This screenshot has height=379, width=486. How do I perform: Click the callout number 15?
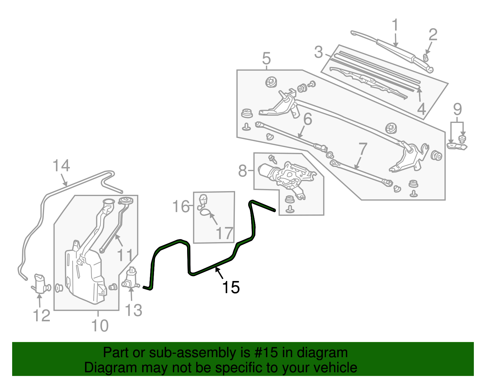pos(231,287)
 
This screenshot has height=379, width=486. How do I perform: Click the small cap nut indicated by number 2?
pos(426,57)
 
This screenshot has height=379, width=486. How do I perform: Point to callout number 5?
pos(266,58)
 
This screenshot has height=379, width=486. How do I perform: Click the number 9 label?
pos(457,109)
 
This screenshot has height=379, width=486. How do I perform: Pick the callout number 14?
pos(61,166)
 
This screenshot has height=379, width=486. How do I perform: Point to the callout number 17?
pos(224,233)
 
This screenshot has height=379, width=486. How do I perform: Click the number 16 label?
pos(181,207)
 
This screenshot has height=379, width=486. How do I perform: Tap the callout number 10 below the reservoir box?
pos(100,326)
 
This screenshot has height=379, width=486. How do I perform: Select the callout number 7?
pos(363,149)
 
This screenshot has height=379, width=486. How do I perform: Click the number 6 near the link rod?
pos(307,119)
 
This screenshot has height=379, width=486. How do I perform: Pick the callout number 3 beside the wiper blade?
pos(318,52)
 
